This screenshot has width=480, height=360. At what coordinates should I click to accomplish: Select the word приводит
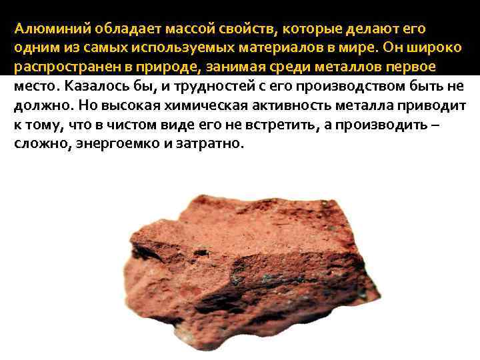[435, 106]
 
